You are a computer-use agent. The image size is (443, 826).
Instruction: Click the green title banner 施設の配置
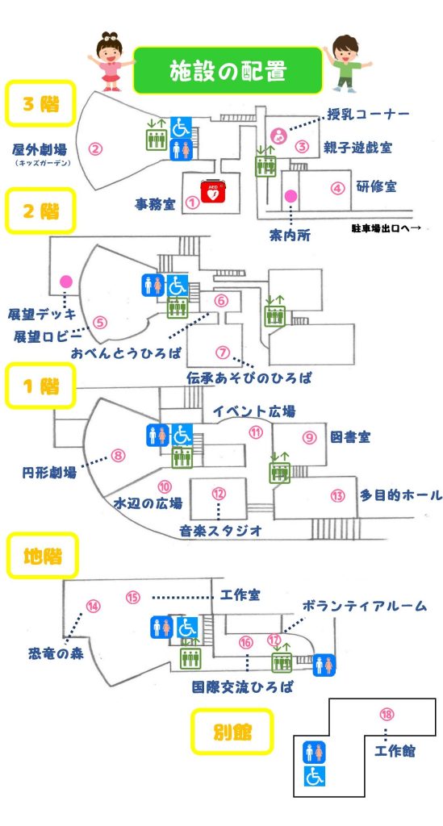click(227, 70)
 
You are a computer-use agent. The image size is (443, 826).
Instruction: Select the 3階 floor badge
click(40, 103)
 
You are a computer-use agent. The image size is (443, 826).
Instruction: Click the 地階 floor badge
click(42, 556)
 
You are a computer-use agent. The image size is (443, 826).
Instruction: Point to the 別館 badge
click(232, 731)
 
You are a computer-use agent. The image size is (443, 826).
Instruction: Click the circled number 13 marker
click(337, 495)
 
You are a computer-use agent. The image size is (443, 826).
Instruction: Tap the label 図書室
click(350, 436)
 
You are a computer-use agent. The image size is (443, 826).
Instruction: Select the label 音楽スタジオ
click(221, 531)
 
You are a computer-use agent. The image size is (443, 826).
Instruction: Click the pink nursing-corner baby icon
click(278, 136)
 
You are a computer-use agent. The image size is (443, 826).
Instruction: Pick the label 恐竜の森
click(56, 653)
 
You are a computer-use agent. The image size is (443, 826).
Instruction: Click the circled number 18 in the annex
click(387, 715)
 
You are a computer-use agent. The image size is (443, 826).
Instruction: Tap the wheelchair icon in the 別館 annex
click(315, 776)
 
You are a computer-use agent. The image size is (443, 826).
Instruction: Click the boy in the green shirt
click(346, 63)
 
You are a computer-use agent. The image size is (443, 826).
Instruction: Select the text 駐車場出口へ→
click(387, 228)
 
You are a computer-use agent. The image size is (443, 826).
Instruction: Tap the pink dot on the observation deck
click(66, 282)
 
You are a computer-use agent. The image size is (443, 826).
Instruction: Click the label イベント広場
click(254, 411)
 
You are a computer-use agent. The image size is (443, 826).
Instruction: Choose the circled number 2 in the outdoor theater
click(95, 149)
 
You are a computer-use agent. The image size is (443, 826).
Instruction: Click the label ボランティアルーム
click(364, 606)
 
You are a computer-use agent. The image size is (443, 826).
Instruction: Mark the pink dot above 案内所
click(290, 197)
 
